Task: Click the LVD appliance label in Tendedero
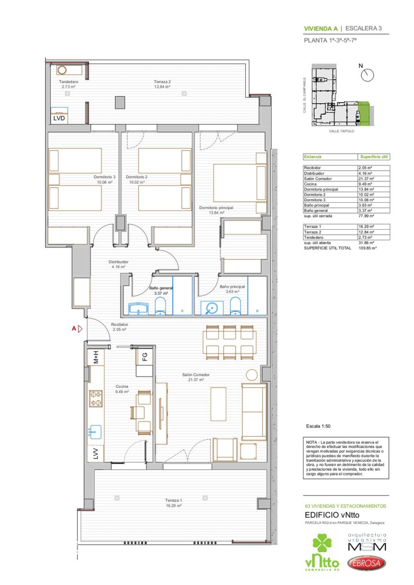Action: point(59,118)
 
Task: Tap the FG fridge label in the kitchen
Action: point(145,357)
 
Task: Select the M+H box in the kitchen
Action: point(95,357)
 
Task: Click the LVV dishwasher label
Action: point(95,453)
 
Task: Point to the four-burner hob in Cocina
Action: point(95,399)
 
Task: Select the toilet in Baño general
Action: point(160,306)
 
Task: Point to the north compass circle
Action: point(368,75)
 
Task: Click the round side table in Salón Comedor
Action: point(251,375)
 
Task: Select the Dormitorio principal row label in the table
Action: point(321,189)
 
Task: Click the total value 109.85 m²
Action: point(367,248)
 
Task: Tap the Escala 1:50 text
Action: point(318,426)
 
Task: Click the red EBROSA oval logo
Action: point(366,563)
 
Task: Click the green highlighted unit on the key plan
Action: point(364,113)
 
